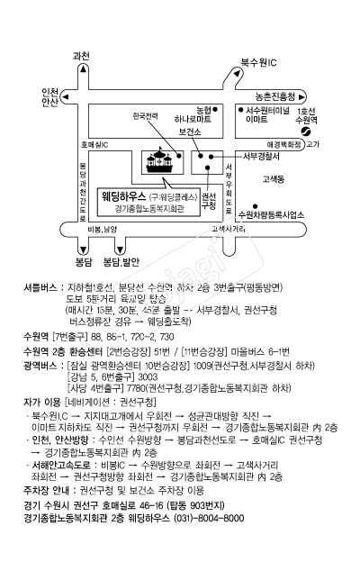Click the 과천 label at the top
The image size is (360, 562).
click(x=81, y=56)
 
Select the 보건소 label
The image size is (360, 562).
click(x=189, y=131)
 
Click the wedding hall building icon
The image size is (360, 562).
click(x=161, y=163)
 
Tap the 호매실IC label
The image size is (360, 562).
click(x=94, y=144)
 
